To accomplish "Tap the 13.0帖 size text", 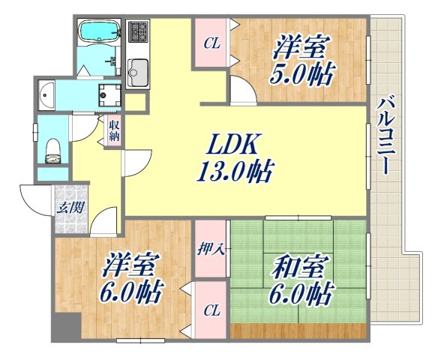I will [235, 172].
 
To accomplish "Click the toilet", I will [51, 148].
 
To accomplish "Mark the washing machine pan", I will [112, 94].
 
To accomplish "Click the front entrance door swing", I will [34, 200].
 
